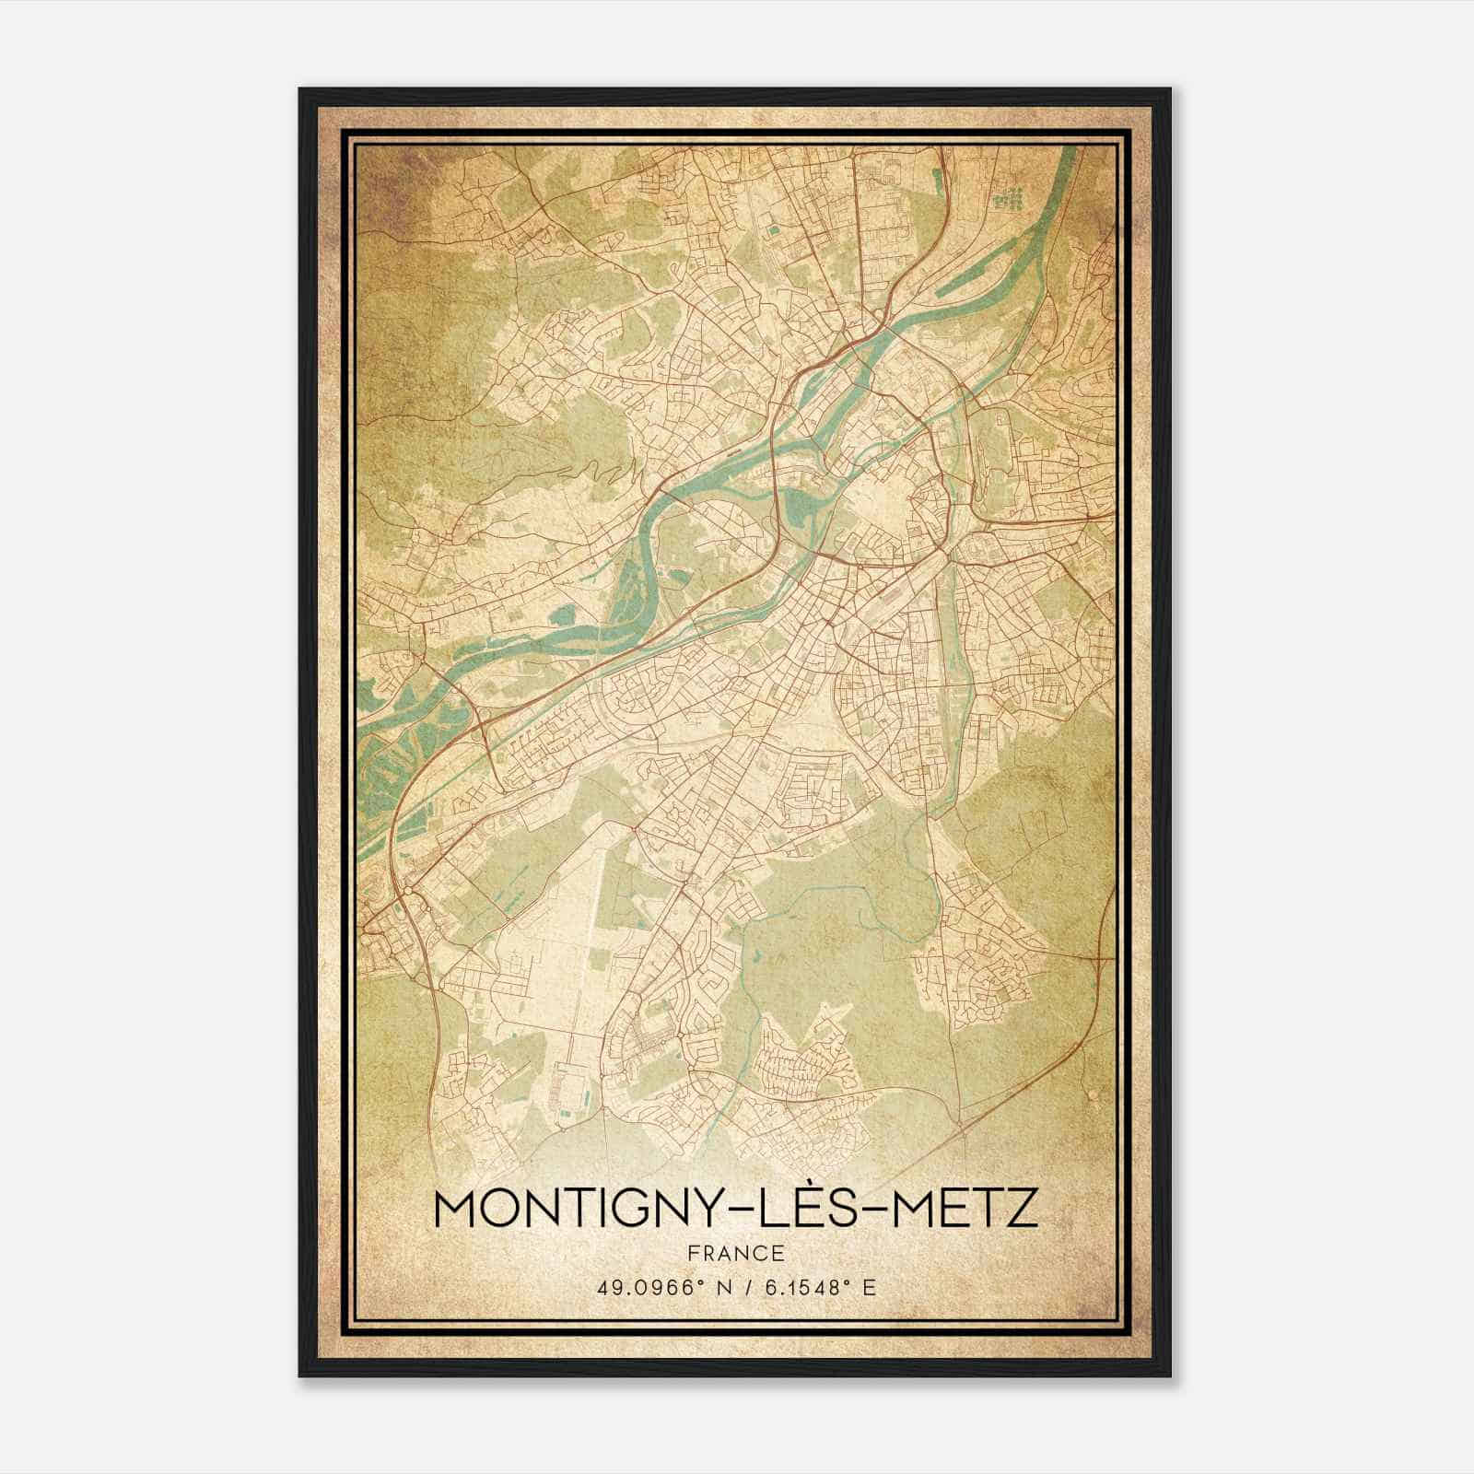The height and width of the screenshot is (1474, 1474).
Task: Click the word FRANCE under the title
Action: click(x=735, y=1253)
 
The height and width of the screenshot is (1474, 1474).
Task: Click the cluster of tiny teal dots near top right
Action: click(x=1012, y=196)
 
